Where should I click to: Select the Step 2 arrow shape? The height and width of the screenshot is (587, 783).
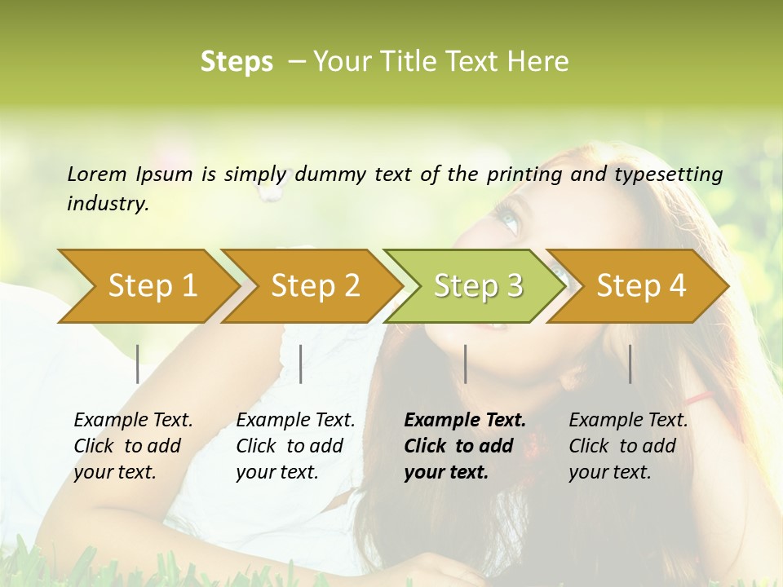[315, 286]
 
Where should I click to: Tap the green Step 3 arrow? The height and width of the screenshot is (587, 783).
[478, 286]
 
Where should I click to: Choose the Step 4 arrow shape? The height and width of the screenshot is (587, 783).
[641, 286]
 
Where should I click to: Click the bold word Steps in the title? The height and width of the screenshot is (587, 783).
[237, 62]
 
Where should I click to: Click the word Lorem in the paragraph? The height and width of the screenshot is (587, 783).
[97, 174]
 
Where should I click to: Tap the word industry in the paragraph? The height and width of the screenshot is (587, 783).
[108, 204]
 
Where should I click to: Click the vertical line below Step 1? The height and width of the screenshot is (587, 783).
[138, 364]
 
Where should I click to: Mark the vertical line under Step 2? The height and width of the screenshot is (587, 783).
[301, 364]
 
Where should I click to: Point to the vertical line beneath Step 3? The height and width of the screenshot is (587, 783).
[465, 364]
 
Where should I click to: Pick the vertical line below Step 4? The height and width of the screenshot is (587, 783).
[630, 364]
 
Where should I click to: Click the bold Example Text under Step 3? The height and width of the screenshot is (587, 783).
[465, 421]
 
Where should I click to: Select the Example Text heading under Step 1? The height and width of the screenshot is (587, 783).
[133, 421]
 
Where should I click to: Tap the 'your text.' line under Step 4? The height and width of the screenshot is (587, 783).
[610, 472]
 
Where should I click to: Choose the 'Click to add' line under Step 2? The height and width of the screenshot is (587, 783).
[290, 446]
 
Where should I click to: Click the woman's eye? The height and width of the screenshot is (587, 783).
[508, 220]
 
